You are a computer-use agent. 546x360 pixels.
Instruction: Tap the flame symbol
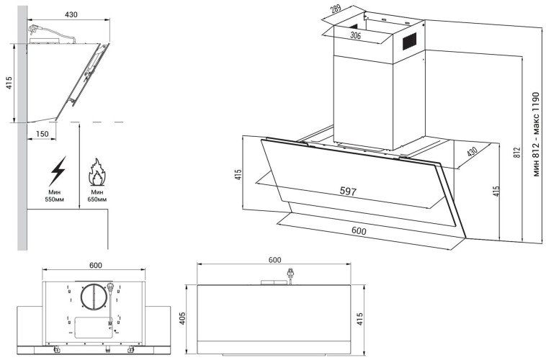click(97, 174)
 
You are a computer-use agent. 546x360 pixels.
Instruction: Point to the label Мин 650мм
click(97, 197)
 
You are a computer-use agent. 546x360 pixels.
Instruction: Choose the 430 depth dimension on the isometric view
click(472, 153)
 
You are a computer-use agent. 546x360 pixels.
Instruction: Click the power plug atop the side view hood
click(35, 30)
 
